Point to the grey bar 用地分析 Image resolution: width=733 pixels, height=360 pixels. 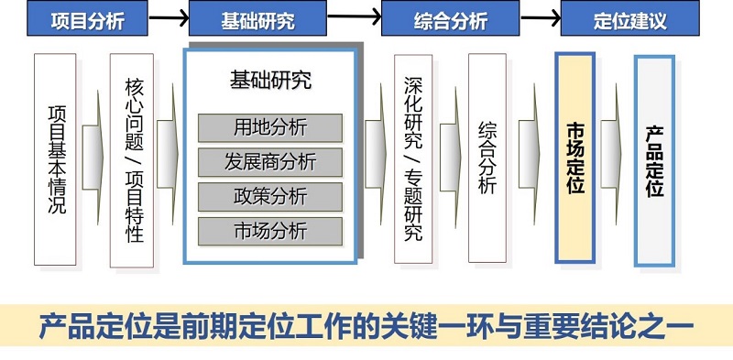pos(270,127)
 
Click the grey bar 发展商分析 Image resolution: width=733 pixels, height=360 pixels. pos(270,162)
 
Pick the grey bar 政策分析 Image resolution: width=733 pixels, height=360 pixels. pos(270,196)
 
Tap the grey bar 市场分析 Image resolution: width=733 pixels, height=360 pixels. pos(270,231)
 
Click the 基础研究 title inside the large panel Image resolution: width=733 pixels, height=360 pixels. pos(270,81)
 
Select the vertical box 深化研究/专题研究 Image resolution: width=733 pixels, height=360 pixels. pos(413,158)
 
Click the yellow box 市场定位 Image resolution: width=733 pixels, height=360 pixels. pos(575,158)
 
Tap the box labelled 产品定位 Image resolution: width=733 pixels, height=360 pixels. pos(654,162)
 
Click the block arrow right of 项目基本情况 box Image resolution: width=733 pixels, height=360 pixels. pos(93,158)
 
